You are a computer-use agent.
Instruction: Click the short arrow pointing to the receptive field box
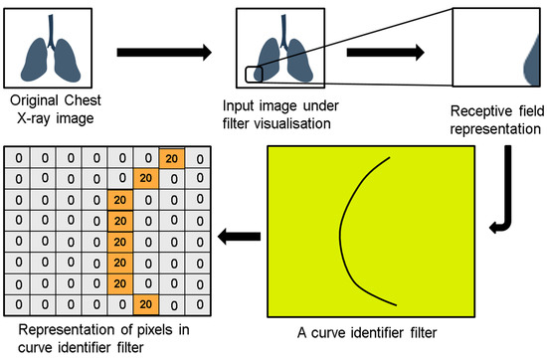[x=399, y=50]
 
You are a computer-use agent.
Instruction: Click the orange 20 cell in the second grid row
[x=145, y=178]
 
